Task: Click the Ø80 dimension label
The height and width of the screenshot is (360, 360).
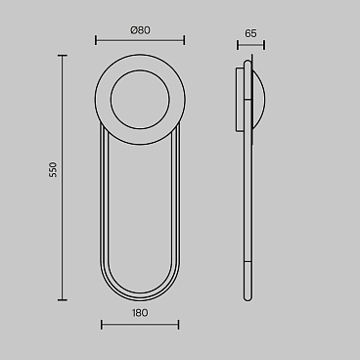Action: [140, 30]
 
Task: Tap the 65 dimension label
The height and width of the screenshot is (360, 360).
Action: [250, 33]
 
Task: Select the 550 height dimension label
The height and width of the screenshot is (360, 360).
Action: [53, 169]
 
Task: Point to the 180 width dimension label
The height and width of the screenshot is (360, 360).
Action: [140, 313]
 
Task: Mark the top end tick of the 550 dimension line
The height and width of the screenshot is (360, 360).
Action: [63, 56]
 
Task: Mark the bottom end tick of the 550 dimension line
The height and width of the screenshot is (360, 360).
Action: [63, 299]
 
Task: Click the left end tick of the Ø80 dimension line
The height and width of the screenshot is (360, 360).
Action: [96, 40]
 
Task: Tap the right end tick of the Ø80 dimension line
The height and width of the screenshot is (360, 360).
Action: [184, 40]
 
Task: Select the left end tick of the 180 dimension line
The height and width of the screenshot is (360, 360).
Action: [102, 325]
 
